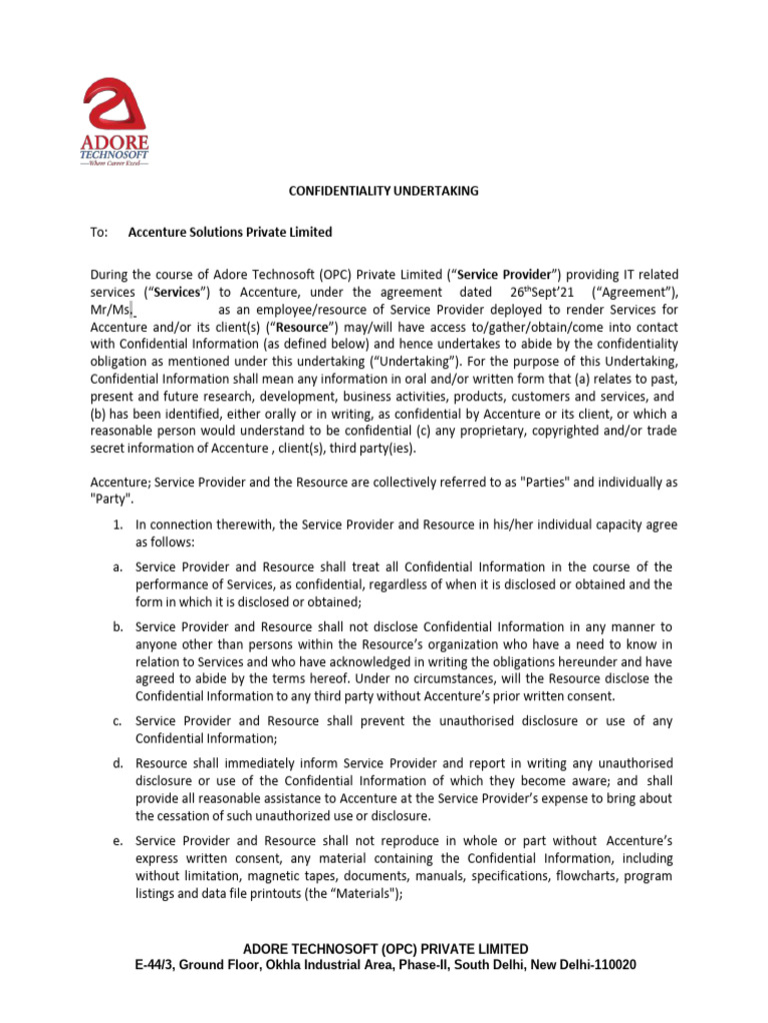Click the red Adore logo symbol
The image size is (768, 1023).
(116, 107)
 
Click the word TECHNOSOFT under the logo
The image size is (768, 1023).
(115, 156)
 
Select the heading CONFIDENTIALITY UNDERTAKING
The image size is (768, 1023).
(384, 191)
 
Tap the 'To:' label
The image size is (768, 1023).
(98, 232)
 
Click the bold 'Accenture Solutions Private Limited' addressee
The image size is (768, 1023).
(230, 232)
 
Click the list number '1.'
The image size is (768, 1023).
(117, 524)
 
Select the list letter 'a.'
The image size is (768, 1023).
(117, 567)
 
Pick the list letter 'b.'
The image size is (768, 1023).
(117, 626)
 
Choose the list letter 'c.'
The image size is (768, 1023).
(117, 720)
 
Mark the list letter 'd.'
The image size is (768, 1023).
(117, 763)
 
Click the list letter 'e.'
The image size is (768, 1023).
(117, 840)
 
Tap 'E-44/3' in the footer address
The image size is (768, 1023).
(158, 966)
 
